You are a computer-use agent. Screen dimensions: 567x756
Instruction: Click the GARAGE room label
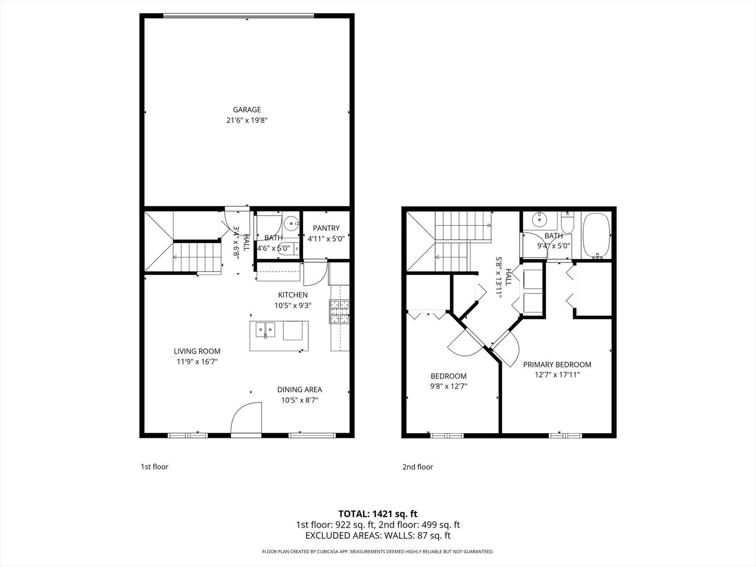[247, 110]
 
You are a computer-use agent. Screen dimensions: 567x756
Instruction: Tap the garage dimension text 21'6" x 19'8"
[247, 120]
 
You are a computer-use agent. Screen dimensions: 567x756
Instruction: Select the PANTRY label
[326, 228]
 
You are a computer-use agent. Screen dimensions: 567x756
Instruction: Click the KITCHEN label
[292, 295]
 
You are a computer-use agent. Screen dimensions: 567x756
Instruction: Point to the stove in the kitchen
[339, 311]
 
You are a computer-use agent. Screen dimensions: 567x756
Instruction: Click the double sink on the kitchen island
[266, 331]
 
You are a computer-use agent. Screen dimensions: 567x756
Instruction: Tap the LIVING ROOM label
[197, 351]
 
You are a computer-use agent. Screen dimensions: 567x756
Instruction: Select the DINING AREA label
[299, 390]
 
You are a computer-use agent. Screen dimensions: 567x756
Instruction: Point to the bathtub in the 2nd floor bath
[596, 235]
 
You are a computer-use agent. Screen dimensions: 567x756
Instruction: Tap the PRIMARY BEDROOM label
[557, 365]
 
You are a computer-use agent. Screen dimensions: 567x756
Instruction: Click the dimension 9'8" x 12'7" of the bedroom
[448, 386]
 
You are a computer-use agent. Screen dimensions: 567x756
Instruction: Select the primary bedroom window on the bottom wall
[565, 435]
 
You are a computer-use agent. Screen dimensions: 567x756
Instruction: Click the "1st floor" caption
[154, 467]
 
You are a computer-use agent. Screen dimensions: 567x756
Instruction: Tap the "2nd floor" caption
[417, 467]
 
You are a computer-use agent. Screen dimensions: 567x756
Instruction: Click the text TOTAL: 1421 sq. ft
[377, 513]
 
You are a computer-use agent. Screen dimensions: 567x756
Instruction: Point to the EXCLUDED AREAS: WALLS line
[377, 535]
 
